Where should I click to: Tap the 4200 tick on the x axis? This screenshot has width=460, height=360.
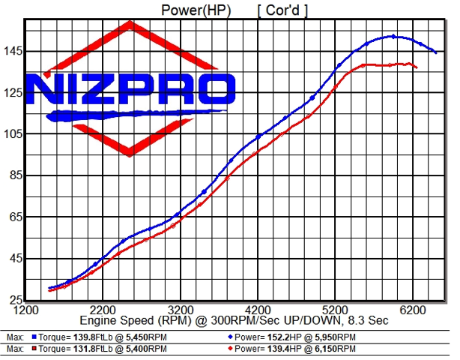coord(258,309)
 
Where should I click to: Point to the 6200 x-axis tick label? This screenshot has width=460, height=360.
coord(413,309)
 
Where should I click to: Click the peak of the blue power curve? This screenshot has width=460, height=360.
coord(393,36)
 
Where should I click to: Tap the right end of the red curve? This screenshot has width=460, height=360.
coord(417,68)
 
